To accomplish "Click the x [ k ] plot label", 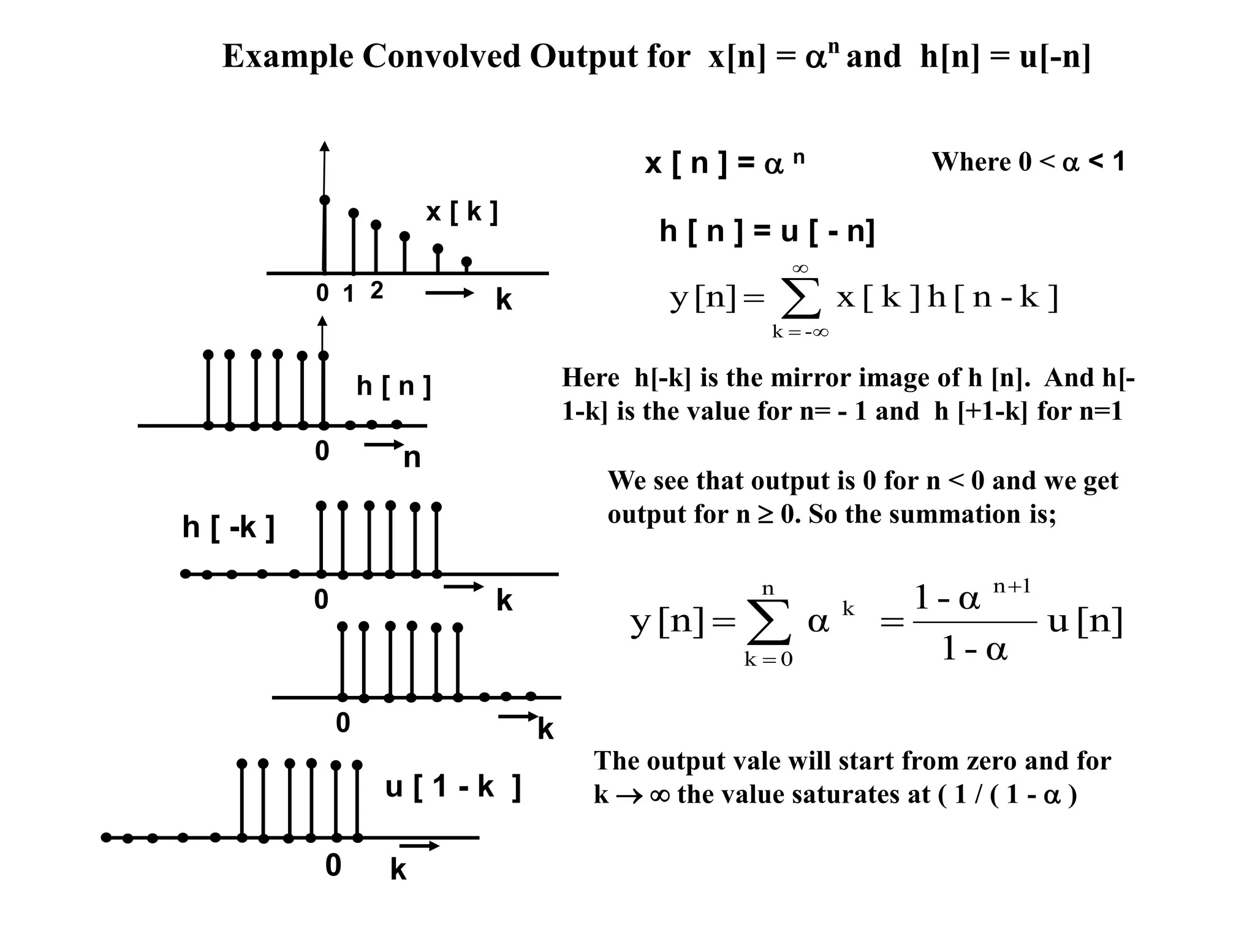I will [x=461, y=212].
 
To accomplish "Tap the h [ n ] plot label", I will [x=394, y=387].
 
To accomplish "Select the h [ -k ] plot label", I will [x=228, y=527].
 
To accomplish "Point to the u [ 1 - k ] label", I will [x=453, y=787].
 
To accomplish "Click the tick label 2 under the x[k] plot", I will [x=377, y=290].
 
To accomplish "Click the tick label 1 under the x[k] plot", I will [x=349, y=295].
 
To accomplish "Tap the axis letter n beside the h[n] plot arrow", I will [x=412, y=458].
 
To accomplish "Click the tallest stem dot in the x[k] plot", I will [x=325, y=200].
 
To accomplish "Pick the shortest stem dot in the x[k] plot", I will [x=466, y=262].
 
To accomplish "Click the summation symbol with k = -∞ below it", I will [x=800, y=299].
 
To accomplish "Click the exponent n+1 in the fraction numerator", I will [x=1012, y=587].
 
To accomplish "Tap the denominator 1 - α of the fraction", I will [x=974, y=648].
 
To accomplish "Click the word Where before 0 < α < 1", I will [x=971, y=162].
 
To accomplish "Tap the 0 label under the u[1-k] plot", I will [x=333, y=866].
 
